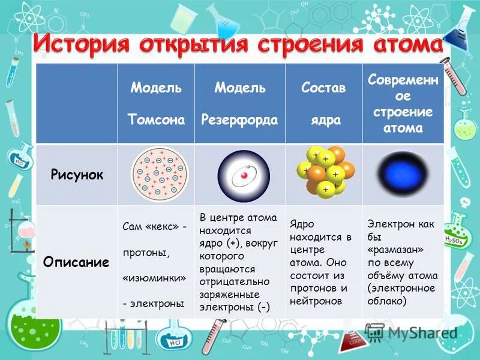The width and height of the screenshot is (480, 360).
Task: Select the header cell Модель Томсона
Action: [x=156, y=104]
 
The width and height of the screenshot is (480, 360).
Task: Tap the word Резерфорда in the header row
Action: [x=239, y=120]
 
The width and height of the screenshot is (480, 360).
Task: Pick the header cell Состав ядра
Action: [x=323, y=104]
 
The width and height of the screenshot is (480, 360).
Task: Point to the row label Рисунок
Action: [x=76, y=175]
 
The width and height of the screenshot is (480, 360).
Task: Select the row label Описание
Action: [x=76, y=262]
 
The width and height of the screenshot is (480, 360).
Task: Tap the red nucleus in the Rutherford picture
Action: [x=244, y=176]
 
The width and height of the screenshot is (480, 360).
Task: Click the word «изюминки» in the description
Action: [x=154, y=279]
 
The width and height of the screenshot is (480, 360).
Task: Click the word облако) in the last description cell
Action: [x=388, y=302]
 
